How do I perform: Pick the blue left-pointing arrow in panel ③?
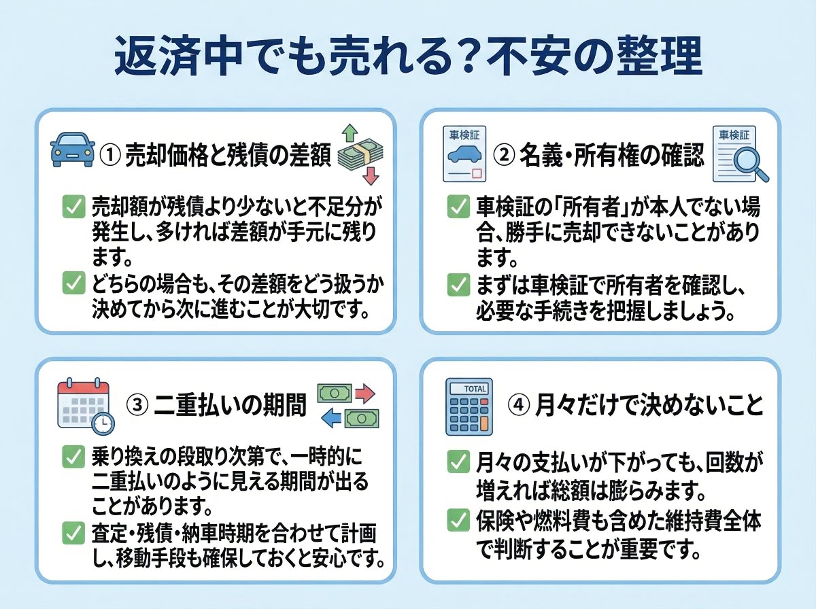click(x=331, y=419)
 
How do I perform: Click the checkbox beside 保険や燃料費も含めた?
click(x=456, y=521)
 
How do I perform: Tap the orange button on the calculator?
click(x=483, y=423)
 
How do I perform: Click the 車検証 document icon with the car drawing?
click(x=464, y=154)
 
